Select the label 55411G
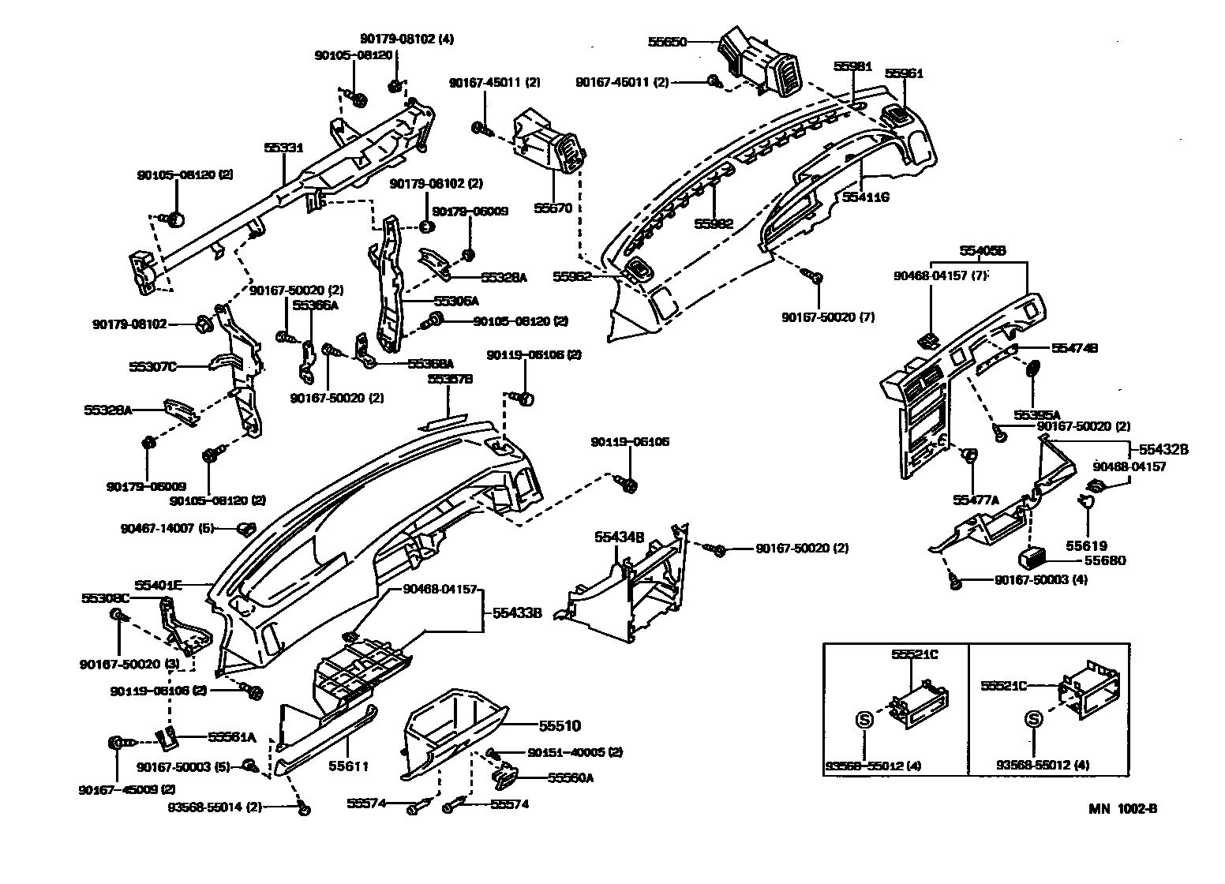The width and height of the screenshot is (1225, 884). click(866, 197)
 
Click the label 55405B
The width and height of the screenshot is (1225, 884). click(982, 251)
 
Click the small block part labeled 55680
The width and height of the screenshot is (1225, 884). click(1028, 557)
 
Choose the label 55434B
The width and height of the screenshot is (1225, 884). click(620, 537)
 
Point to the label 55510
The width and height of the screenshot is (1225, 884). click(560, 725)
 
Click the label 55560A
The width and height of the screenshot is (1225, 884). click(571, 777)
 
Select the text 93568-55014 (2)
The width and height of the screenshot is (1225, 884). click(215, 806)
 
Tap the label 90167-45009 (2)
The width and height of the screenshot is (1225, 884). click(116, 789)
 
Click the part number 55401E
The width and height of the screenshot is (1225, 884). click(158, 585)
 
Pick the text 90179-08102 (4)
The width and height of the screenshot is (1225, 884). click(407, 38)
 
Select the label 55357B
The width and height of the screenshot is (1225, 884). click(450, 379)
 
